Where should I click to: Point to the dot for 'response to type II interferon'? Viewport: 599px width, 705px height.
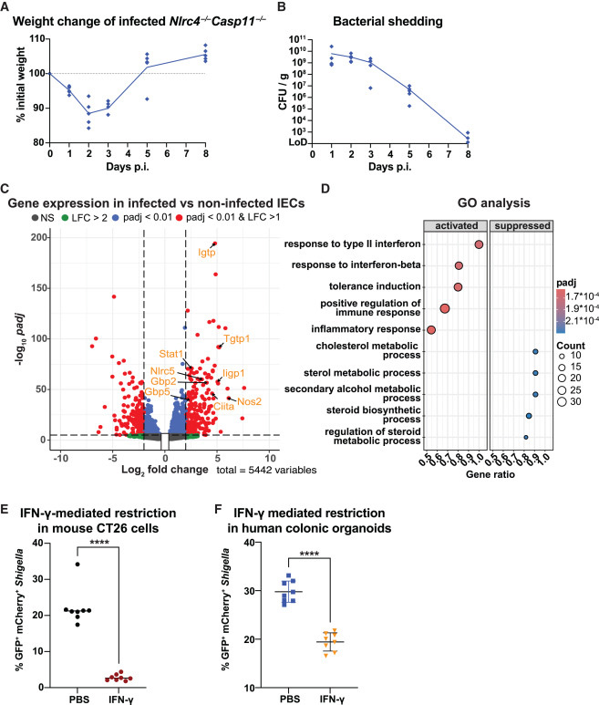click(x=479, y=244)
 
